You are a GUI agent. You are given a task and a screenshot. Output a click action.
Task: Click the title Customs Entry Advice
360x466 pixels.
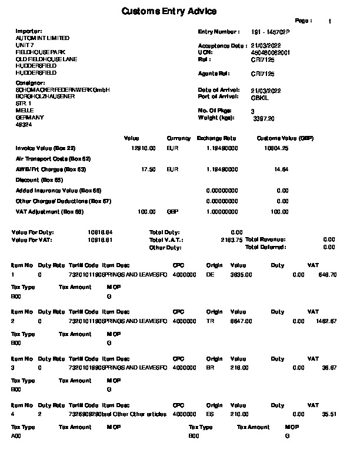click(x=169, y=11)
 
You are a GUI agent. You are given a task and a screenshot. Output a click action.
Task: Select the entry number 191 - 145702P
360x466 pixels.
click(x=271, y=32)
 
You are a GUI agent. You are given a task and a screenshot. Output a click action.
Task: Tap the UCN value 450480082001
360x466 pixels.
click(x=271, y=52)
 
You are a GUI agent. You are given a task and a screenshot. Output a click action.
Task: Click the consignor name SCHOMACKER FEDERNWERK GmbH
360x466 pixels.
click(x=62, y=89)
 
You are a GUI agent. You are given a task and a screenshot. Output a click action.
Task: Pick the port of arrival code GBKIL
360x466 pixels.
click(x=259, y=98)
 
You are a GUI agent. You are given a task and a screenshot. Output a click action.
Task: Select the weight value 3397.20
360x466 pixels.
click(x=264, y=118)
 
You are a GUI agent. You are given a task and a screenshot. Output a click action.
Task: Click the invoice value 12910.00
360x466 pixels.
click(x=144, y=148)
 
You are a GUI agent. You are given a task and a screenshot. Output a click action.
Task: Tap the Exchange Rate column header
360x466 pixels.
click(x=216, y=138)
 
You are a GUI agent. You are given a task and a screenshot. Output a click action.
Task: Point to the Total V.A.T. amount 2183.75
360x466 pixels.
click(x=231, y=240)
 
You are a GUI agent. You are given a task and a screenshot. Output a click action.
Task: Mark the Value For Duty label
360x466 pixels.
click(x=29, y=232)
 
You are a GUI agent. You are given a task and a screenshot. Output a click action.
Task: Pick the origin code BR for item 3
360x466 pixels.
click(x=211, y=367)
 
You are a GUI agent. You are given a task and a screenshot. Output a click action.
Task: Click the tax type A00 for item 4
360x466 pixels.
click(x=16, y=437)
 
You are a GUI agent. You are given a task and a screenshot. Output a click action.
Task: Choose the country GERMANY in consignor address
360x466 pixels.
click(x=26, y=118)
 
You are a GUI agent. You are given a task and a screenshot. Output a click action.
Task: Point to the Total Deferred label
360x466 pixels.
click(x=266, y=247)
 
